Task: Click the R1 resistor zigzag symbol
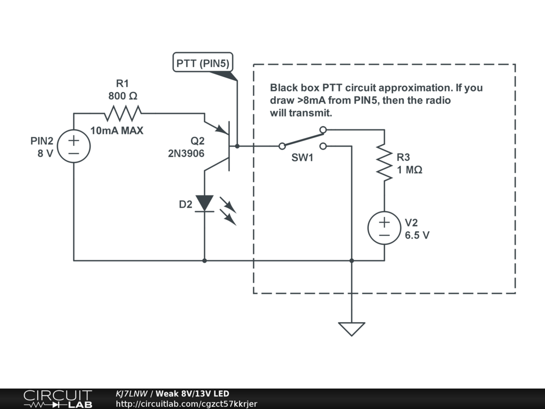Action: [123, 113]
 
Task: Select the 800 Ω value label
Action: [123, 96]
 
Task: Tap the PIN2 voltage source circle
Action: [73, 146]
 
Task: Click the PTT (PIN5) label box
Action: [203, 63]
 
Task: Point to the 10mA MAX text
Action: [117, 130]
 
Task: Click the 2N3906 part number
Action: [186, 153]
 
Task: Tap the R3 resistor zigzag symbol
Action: [384, 162]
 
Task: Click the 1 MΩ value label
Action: [410, 170]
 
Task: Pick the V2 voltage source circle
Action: [384, 228]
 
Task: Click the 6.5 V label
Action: [417, 235]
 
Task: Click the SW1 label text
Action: [302, 158]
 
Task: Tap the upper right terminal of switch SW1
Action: [323, 130]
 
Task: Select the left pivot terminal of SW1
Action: [282, 146]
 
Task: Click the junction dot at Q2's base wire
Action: [237, 146]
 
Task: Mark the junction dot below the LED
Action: [204, 260]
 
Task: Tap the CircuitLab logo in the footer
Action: [58, 399]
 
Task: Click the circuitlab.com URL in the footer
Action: [186, 404]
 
